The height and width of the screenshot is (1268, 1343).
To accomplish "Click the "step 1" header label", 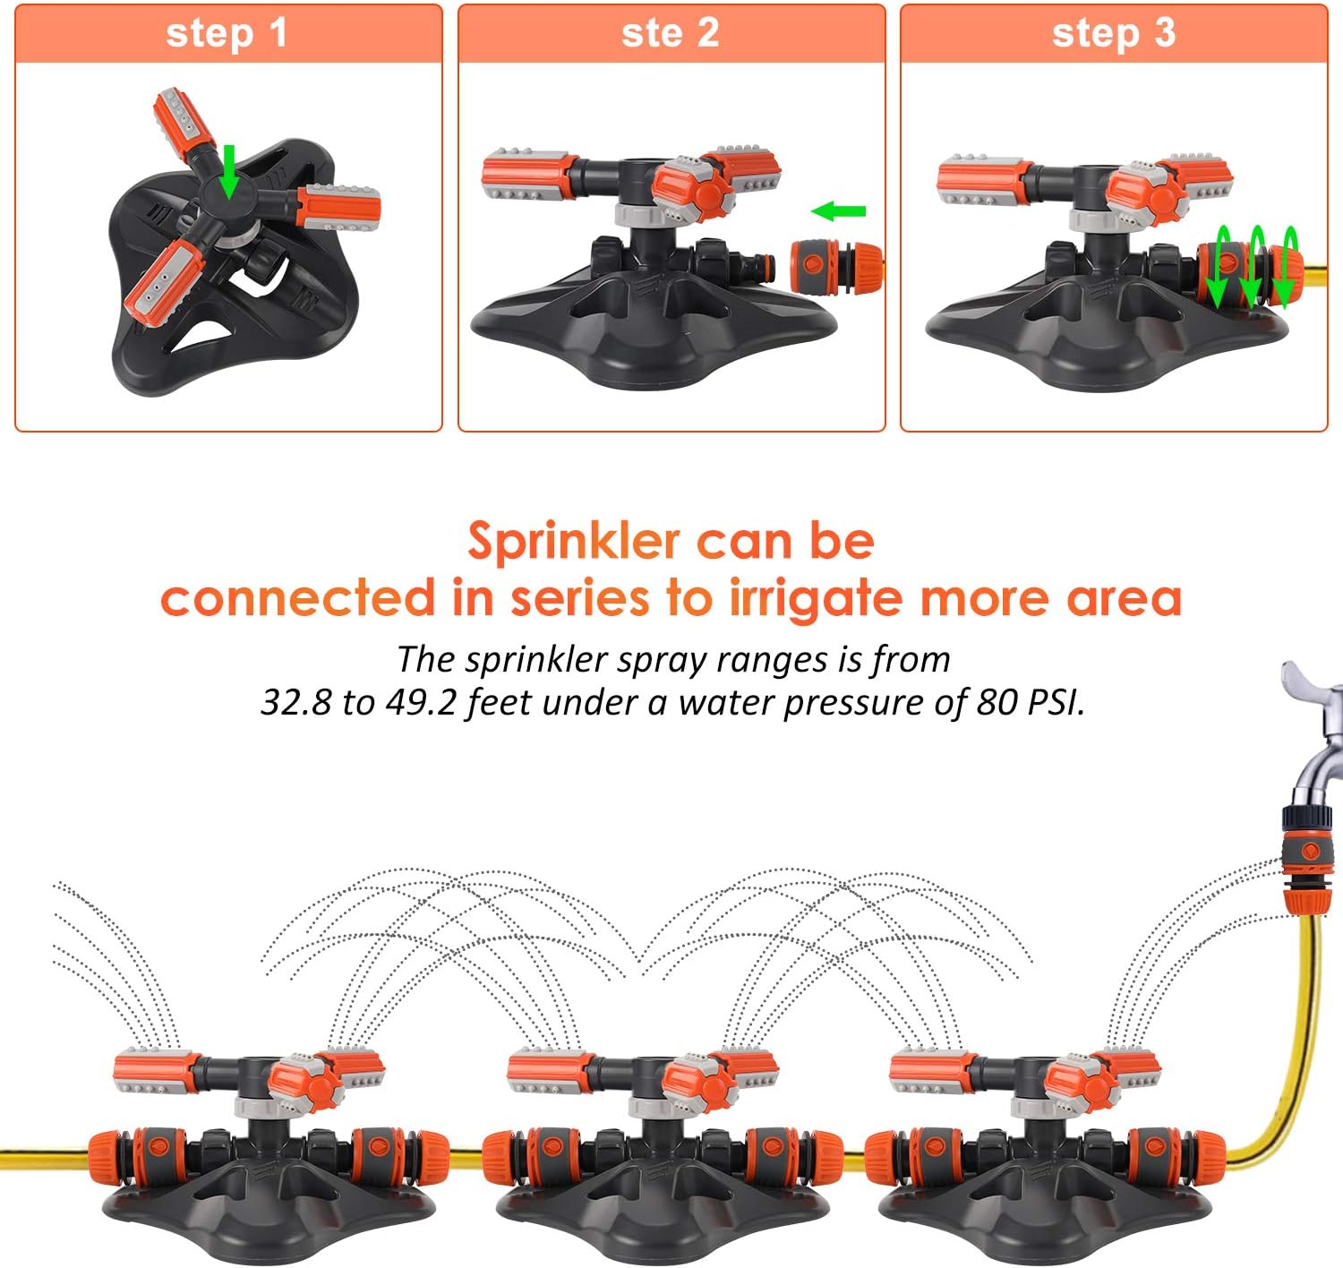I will tap(227, 33).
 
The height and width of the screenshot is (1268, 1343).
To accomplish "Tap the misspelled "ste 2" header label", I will tap(670, 33).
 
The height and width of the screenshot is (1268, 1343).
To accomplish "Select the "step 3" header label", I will tap(1113, 33).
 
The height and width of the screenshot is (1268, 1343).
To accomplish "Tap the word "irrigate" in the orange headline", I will tap(817, 599).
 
